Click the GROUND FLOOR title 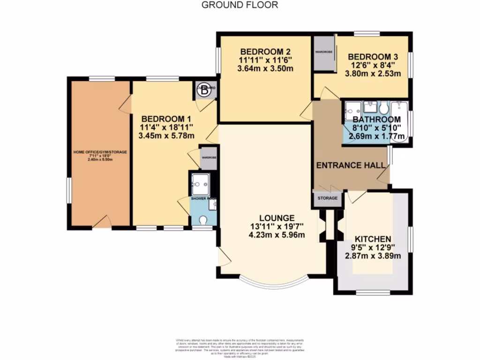240,5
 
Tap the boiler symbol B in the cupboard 204,91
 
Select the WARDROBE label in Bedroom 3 324,52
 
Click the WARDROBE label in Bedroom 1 209,158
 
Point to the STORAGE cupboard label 328,198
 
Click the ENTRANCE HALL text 351,165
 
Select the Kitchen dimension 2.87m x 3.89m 373,255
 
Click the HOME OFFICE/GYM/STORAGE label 99,152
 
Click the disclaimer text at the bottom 240,347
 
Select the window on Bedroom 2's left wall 217,60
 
